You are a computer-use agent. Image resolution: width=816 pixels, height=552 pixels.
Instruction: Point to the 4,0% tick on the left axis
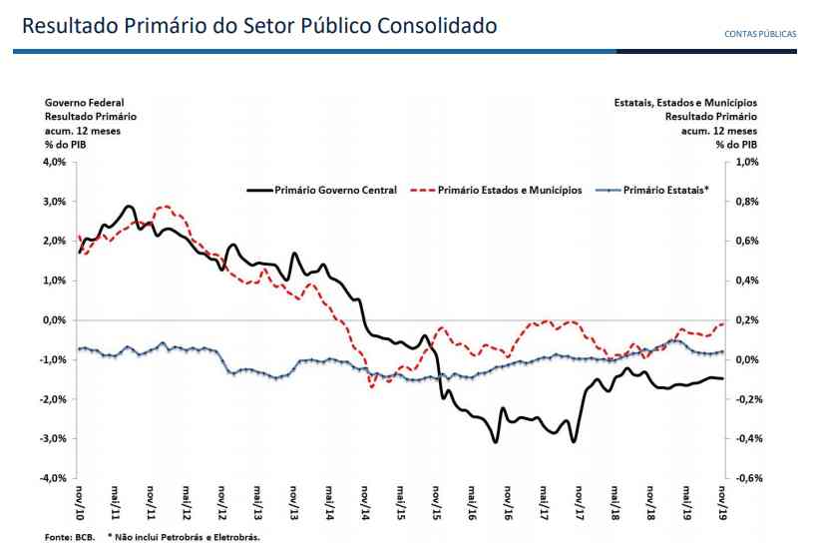point(53,162)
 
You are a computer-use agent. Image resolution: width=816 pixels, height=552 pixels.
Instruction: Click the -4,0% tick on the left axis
point(51,478)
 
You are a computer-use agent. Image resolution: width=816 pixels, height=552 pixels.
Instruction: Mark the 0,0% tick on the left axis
point(53,320)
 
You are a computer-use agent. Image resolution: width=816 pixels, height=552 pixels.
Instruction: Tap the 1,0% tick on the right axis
point(747,162)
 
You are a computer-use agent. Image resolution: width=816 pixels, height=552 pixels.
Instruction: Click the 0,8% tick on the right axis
point(747,202)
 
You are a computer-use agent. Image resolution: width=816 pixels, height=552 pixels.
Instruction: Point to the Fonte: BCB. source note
point(69,537)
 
